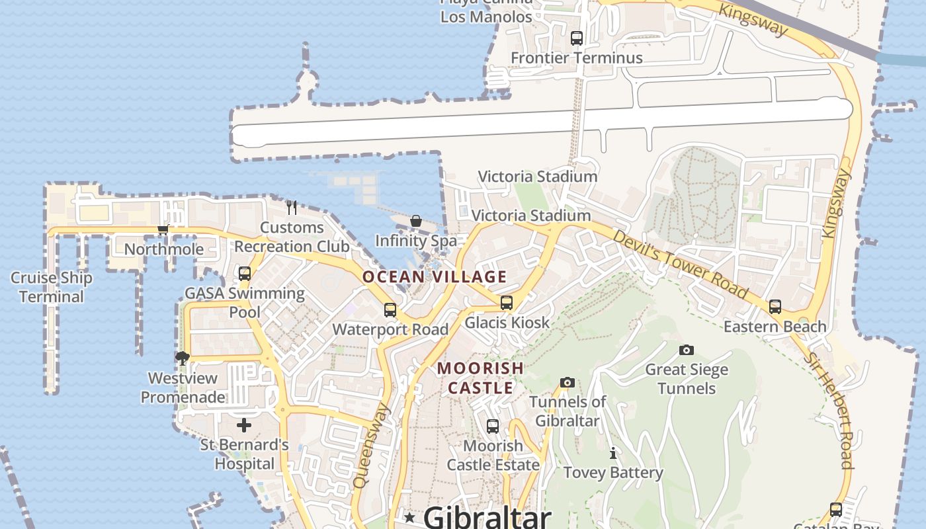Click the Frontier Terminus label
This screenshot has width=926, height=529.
576,58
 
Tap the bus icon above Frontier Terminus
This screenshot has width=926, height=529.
577,38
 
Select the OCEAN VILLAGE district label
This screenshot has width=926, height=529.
435,277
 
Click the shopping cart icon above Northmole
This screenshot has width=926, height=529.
163,230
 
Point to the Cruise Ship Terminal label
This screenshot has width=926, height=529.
52,287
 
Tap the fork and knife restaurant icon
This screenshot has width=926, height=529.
292,208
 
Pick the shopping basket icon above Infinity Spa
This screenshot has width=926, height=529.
416,221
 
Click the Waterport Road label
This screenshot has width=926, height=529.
390,329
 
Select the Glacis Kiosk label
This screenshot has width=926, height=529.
507,323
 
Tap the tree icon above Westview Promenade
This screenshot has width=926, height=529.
183,358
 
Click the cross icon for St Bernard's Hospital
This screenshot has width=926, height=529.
244,425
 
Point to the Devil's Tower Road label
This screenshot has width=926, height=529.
681,264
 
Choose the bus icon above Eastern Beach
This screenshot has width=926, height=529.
775,307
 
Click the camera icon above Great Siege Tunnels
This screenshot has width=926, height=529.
687,350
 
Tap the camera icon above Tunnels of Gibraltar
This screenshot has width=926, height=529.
567,382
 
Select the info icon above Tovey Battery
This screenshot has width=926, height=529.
613,453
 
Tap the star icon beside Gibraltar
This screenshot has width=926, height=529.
410,517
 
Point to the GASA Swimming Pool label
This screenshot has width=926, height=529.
245,302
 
